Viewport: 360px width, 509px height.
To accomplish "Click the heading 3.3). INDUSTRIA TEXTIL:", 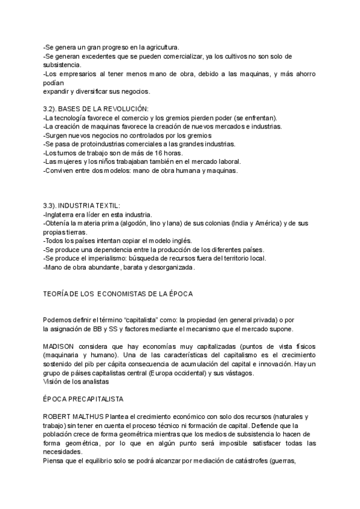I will pyautogui.click(x=82, y=206).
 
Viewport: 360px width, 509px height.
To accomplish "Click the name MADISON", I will pyautogui.click(x=59, y=348).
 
